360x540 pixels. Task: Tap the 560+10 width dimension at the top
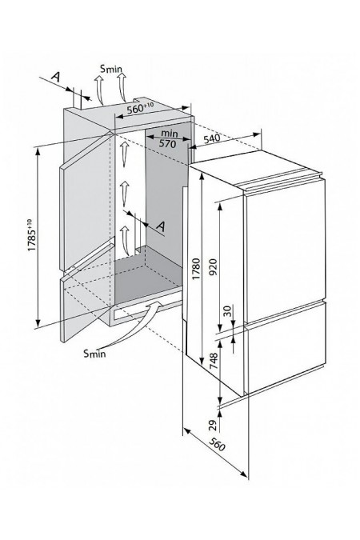coord(140,108)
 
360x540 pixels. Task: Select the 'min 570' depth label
coord(169,138)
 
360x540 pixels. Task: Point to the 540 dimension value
coord(211,138)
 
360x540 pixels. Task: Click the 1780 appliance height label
coord(196,269)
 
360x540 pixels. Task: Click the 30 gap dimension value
coord(228,310)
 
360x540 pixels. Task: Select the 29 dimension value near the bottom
coord(214,426)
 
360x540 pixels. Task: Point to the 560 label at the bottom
coord(217,445)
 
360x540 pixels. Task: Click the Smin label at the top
coord(111,69)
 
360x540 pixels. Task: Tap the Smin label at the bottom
coord(94,354)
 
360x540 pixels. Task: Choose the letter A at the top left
coord(56,77)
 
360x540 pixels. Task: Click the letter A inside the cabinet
coord(161,226)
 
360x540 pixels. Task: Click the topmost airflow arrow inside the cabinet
coord(125,154)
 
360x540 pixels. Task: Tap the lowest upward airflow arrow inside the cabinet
coord(124,240)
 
